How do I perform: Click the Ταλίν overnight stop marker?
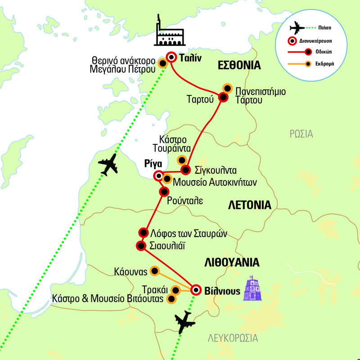(x=171, y=57)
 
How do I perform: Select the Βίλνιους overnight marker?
(x=196, y=290)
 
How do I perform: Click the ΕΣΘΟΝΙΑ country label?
(x=239, y=65)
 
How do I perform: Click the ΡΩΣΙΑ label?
(x=301, y=134)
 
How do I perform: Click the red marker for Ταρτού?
(x=222, y=97)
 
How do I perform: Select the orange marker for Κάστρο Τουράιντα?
(x=181, y=159)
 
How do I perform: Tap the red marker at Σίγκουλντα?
(x=185, y=170)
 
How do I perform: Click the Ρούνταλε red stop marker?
(x=164, y=192)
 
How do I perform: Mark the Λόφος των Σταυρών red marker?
(x=144, y=233)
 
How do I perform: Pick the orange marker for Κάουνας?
(x=154, y=270)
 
